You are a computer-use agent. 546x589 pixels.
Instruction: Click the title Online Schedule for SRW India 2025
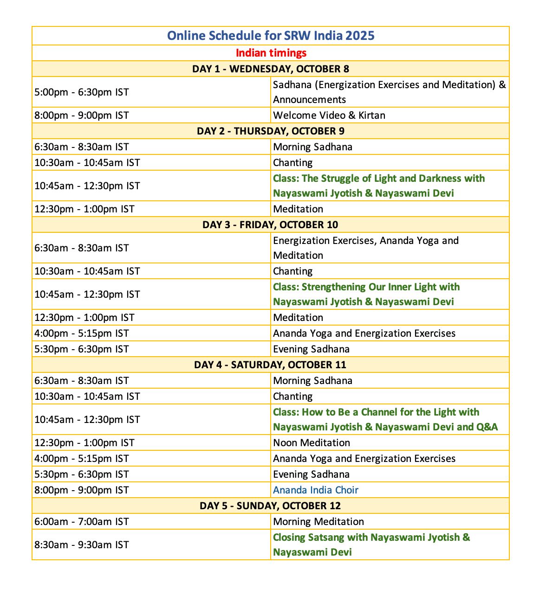point(271,36)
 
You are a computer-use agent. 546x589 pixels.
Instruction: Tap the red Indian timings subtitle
point(271,53)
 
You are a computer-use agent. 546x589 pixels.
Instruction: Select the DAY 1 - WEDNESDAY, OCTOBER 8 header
point(271,69)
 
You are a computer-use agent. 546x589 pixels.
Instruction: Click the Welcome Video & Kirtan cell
point(329,115)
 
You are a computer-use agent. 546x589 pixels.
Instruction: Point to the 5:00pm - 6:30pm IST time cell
point(82,92)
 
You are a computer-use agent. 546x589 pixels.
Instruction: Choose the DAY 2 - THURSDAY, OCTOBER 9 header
point(271,131)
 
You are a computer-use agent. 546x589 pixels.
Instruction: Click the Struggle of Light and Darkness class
point(378,186)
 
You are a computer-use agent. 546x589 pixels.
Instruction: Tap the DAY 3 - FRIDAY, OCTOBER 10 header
point(271,224)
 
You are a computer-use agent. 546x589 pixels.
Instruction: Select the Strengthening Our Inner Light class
point(366,294)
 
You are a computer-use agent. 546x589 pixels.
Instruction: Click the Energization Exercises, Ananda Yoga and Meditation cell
point(365,248)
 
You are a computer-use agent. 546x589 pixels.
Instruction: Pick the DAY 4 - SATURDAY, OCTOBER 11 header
point(271,365)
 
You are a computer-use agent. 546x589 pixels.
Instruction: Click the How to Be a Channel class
point(385,419)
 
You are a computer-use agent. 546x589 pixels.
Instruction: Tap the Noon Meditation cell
point(312,442)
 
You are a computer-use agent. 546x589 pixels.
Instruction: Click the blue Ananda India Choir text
point(316,490)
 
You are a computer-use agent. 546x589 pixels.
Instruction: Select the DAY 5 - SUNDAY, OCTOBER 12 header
point(271,506)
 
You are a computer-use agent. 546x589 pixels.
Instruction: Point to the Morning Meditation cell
point(318,521)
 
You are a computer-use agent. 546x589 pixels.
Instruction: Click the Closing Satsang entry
point(371,544)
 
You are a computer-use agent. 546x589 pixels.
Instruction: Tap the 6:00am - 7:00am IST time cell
point(82,521)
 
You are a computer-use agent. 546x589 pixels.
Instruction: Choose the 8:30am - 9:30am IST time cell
point(82,544)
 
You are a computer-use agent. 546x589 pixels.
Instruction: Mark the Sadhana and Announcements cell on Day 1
point(389,92)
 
